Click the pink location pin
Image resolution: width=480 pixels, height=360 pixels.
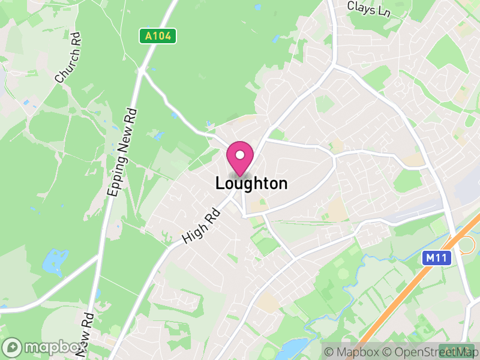[240, 158]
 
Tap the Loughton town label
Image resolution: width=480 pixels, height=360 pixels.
[251, 184]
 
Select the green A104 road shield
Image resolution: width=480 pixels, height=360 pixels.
[159, 36]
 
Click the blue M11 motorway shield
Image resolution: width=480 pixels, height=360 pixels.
[436, 258]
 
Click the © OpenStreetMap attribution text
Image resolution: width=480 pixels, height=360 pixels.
[428, 351]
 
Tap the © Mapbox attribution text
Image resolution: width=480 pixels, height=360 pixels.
[352, 351]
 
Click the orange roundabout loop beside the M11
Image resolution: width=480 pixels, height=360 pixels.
[465, 244]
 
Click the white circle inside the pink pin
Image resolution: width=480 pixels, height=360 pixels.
[240, 154]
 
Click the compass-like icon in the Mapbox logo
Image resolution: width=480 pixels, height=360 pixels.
[13, 347]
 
